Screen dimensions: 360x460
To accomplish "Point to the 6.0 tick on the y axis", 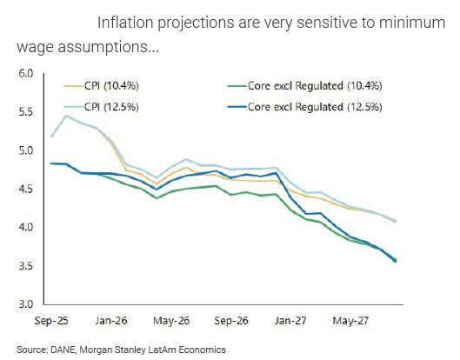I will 24,74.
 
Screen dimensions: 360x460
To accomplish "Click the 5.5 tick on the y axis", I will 24,112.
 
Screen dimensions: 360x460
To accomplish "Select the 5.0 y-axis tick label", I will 24,150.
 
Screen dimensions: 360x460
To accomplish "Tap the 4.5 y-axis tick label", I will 24,189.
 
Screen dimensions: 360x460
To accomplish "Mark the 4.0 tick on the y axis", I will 24,227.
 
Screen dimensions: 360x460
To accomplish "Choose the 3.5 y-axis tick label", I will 24,265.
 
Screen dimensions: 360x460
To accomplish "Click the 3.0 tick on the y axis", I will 24,303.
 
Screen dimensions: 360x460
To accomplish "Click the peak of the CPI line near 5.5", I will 64,116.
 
